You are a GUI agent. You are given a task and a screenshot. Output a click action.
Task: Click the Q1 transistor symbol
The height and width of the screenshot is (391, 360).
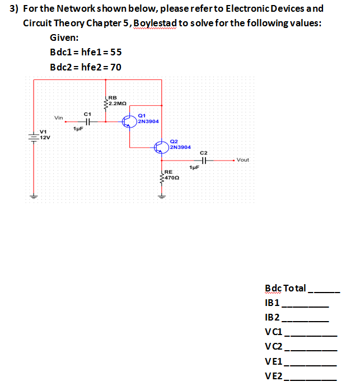[x=131, y=121]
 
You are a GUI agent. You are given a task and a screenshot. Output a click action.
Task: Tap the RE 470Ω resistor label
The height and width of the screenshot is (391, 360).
[x=171, y=174]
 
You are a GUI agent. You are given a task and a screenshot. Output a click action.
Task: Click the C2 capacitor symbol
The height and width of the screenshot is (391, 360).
[x=204, y=161]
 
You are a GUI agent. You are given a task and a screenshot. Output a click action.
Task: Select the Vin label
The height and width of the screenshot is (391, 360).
[x=59, y=117]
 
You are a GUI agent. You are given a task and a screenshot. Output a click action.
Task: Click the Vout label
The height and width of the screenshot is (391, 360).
[x=243, y=160]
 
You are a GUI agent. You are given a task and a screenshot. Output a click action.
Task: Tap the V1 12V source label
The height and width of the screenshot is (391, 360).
[x=44, y=135]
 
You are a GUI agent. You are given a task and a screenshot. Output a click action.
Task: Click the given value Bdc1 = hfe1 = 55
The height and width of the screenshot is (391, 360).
[x=85, y=53]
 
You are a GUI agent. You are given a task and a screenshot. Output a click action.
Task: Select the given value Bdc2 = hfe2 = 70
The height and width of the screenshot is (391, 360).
[x=85, y=67]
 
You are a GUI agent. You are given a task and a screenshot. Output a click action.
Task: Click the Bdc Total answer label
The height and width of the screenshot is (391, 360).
[x=285, y=288]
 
